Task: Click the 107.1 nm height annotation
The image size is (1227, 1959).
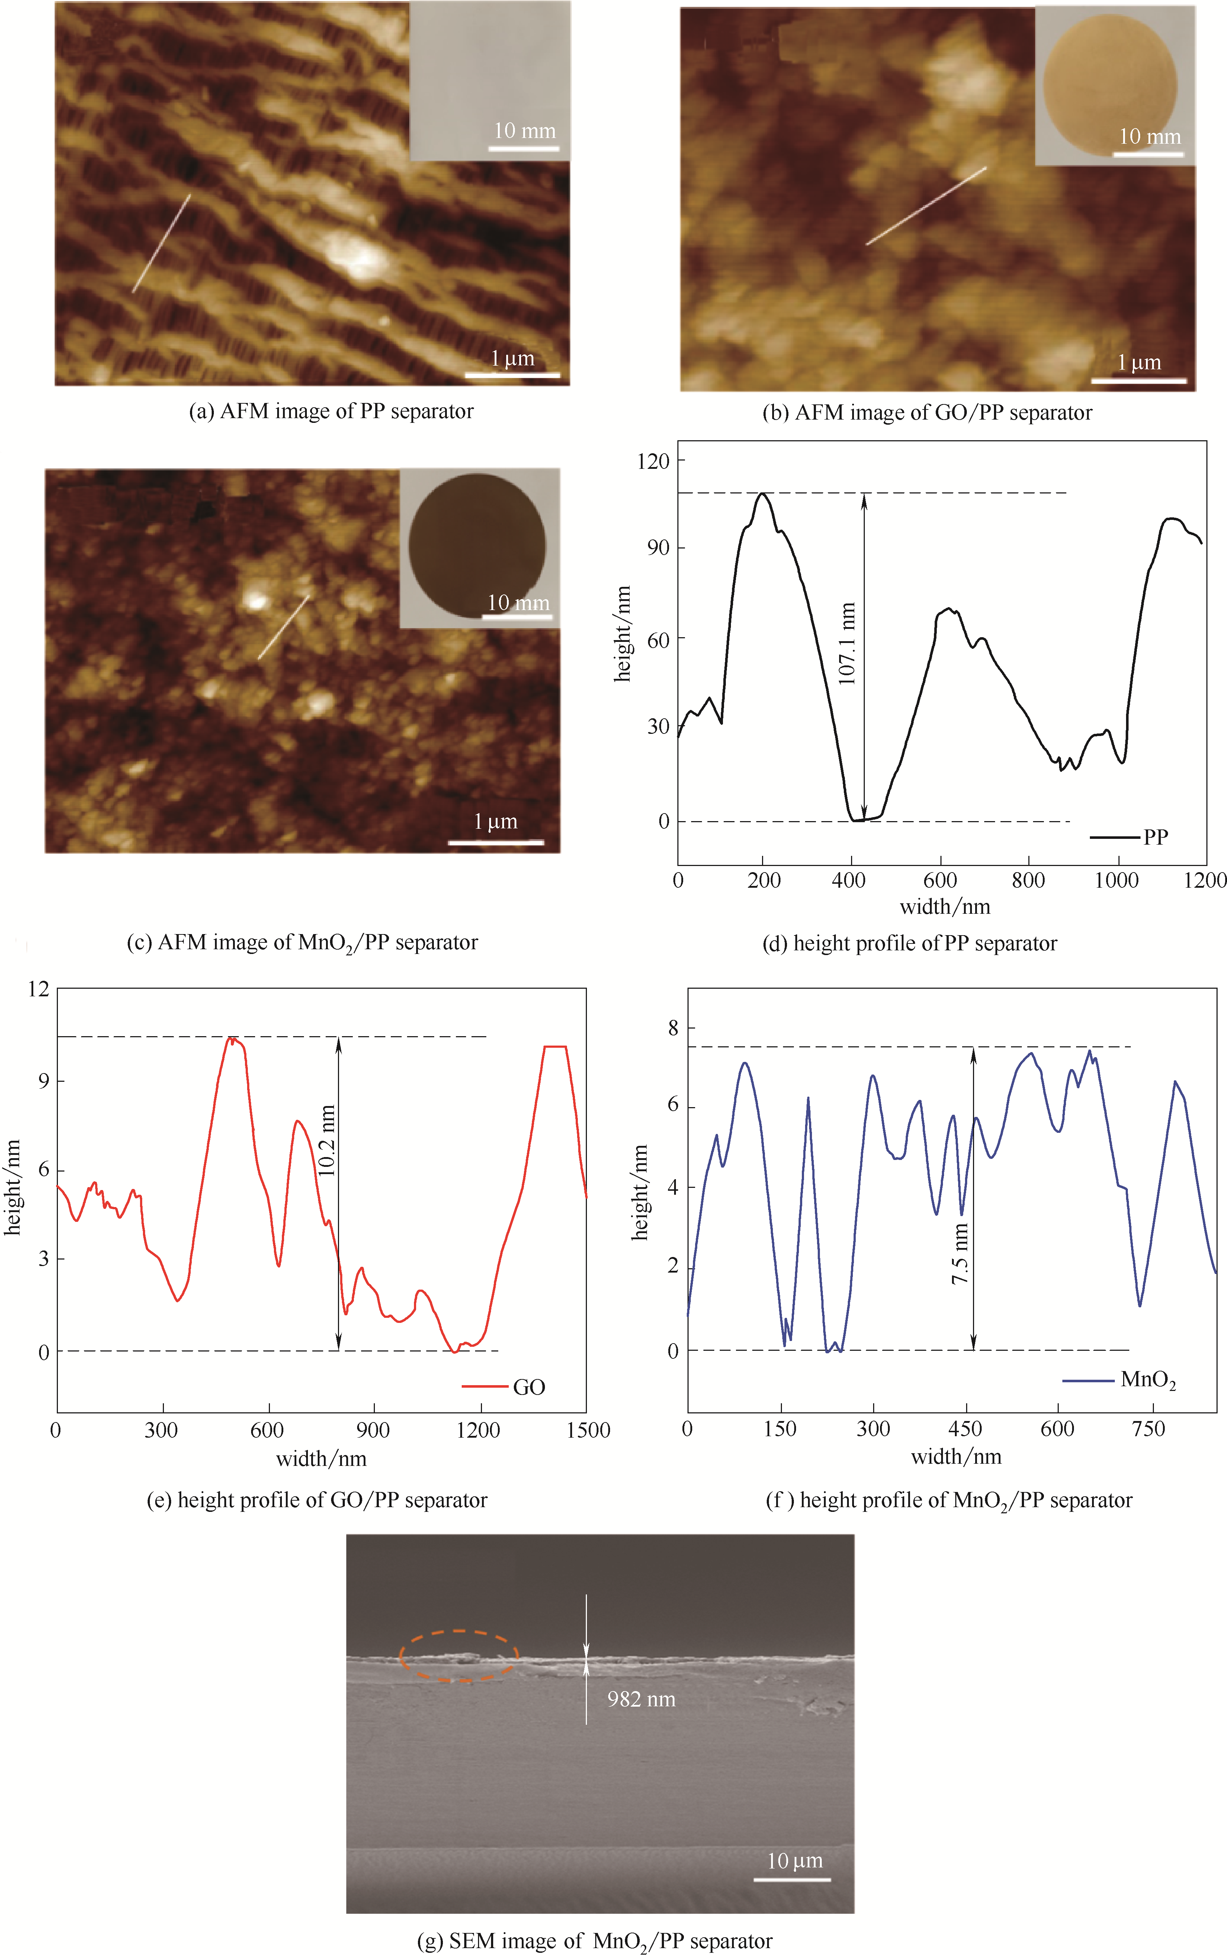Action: (847, 643)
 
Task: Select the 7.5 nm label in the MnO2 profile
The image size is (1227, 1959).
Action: (960, 1254)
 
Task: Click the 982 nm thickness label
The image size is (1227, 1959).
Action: (641, 1699)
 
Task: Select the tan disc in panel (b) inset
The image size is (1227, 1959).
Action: (1109, 86)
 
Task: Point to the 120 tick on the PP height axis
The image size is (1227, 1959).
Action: (653, 461)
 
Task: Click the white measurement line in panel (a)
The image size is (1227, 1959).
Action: (161, 243)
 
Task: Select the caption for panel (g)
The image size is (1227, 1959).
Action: (595, 1941)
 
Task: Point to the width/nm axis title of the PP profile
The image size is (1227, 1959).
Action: (945, 907)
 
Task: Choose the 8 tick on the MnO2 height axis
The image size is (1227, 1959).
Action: (673, 1028)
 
